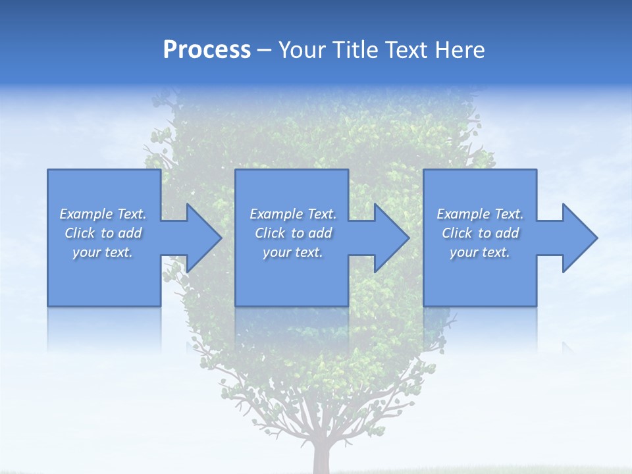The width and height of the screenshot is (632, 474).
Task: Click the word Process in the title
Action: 207,50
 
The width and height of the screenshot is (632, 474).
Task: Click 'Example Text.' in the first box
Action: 103,214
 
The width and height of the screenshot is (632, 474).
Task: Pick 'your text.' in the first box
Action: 103,252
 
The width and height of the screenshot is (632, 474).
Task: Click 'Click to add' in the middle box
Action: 293,233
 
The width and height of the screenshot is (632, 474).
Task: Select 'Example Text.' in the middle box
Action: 293,214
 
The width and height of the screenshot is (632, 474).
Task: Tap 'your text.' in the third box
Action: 480,252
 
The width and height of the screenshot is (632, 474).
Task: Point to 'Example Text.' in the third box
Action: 480,214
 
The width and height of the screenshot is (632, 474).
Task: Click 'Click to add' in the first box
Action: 103,233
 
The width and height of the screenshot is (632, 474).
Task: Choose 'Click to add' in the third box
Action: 480,233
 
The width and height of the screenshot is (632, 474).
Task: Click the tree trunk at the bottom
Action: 323,458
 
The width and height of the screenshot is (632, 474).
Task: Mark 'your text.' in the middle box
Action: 293,252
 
